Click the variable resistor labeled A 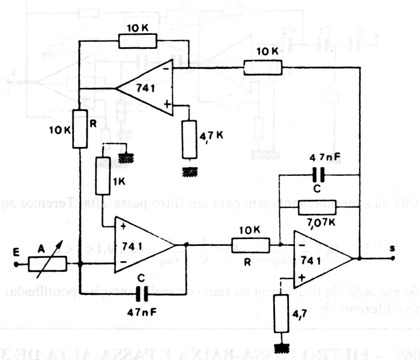click(x=48, y=264)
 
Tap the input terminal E click(x=16, y=264)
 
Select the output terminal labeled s click(x=394, y=258)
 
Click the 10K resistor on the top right click(x=262, y=67)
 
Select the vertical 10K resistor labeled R click(x=80, y=129)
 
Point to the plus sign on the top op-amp click(x=168, y=105)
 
